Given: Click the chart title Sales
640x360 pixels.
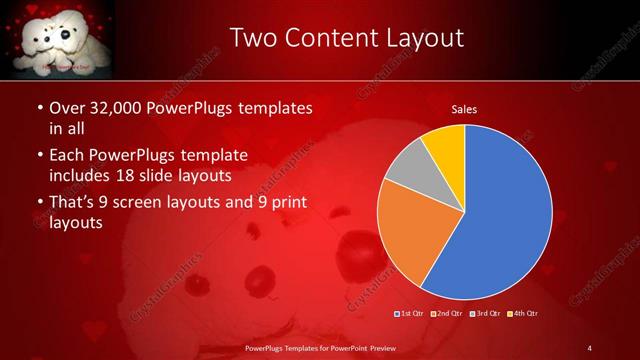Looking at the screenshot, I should pyautogui.click(x=464, y=107).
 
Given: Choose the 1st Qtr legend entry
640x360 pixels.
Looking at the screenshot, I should pyautogui.click(x=411, y=314).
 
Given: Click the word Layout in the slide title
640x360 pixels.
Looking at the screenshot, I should pyautogui.click(x=417, y=39).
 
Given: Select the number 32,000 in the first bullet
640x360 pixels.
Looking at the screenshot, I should pyautogui.click(x=104, y=108).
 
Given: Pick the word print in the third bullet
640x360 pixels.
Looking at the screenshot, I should pyautogui.click(x=287, y=203).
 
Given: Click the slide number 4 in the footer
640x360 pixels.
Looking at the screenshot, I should pyautogui.click(x=590, y=347).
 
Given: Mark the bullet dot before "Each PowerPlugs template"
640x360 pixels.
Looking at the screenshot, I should pyautogui.click(x=39, y=156).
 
